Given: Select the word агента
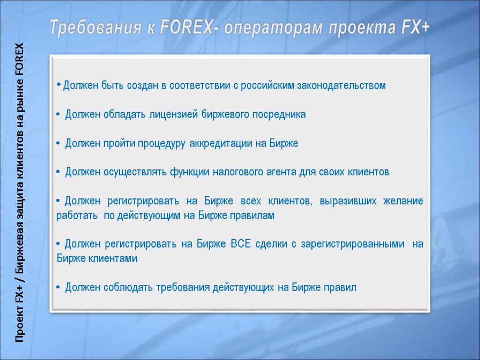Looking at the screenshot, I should pos(281,172).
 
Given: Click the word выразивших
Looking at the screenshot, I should pos(347,201).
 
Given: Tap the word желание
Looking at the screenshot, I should pos(404,201).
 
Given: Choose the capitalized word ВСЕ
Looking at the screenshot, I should pos(241,244).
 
